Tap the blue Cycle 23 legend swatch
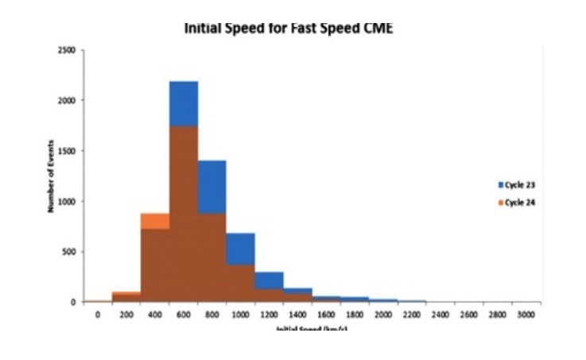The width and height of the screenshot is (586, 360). [500, 184]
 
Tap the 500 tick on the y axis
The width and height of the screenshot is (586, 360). [69, 252]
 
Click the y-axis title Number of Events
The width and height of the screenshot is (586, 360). [49, 176]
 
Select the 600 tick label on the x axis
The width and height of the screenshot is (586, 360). [184, 315]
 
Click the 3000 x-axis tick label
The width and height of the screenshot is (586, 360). [526, 315]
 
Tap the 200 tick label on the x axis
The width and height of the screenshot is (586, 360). [126, 315]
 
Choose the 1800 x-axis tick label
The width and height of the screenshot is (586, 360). [355, 315]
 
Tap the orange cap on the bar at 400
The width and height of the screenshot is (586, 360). [155, 221]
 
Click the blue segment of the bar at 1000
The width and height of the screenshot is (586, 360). [240, 249]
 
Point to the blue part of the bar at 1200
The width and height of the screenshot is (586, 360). [269, 281]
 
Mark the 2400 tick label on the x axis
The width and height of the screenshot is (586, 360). [440, 315]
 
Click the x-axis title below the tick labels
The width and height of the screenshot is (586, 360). [309, 328]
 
